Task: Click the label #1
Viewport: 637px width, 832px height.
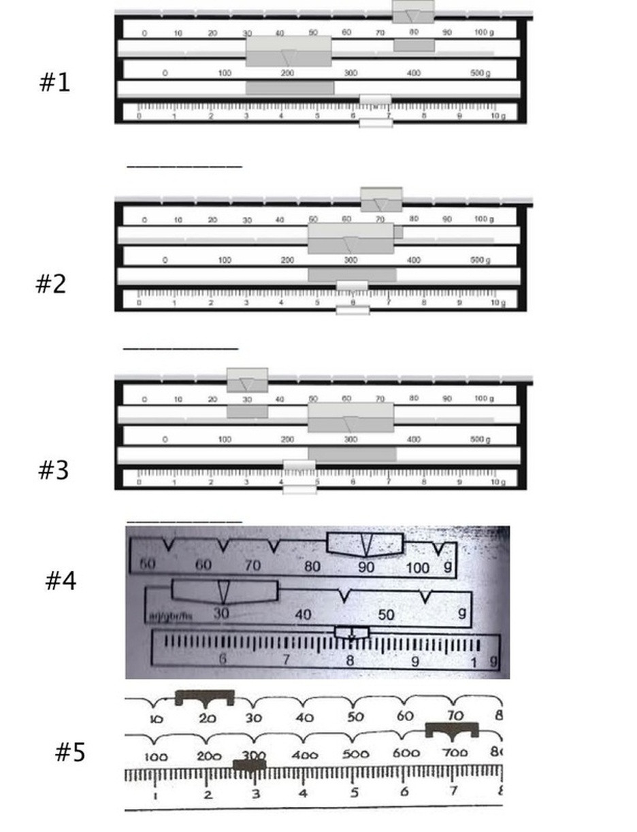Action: pos(54,82)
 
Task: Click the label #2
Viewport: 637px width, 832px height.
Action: pos(51,283)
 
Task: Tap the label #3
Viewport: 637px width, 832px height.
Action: pos(53,469)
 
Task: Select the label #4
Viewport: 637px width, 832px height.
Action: pos(61,580)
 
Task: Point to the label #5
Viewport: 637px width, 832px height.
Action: pos(70,752)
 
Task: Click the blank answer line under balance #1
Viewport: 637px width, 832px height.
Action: pos(184,166)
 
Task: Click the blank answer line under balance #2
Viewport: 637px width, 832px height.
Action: pos(180,349)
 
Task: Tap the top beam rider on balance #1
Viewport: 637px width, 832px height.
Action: pos(413,12)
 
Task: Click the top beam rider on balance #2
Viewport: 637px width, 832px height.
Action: pos(381,199)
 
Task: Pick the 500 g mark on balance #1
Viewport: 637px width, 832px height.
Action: pos(480,73)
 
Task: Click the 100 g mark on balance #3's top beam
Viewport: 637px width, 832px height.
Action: pos(484,399)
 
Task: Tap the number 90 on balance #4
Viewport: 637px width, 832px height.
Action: pos(366,566)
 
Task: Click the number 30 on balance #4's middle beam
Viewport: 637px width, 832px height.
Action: pos(221,613)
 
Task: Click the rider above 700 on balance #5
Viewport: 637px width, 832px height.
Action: pos(452,730)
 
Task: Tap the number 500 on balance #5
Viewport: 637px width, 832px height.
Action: pos(355,754)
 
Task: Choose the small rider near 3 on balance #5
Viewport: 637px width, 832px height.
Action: pos(249,765)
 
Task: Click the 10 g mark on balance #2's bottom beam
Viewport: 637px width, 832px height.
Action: pos(498,303)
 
